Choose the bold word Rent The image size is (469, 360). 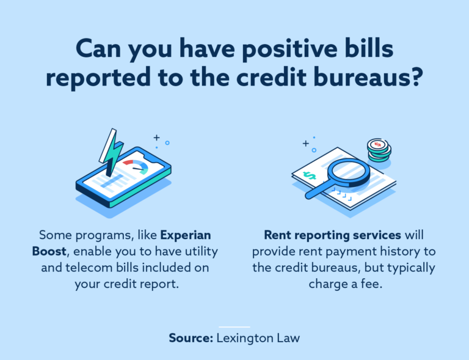point(278,235)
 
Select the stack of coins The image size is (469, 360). point(379,149)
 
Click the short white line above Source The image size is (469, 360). point(234,327)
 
